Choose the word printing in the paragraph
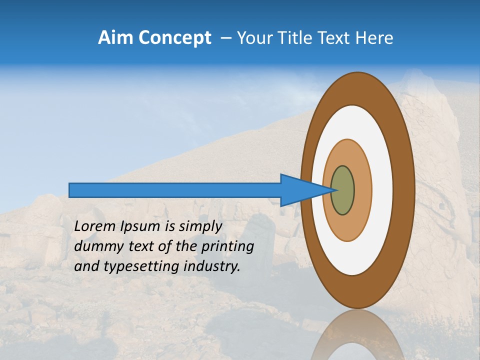(229, 247)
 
